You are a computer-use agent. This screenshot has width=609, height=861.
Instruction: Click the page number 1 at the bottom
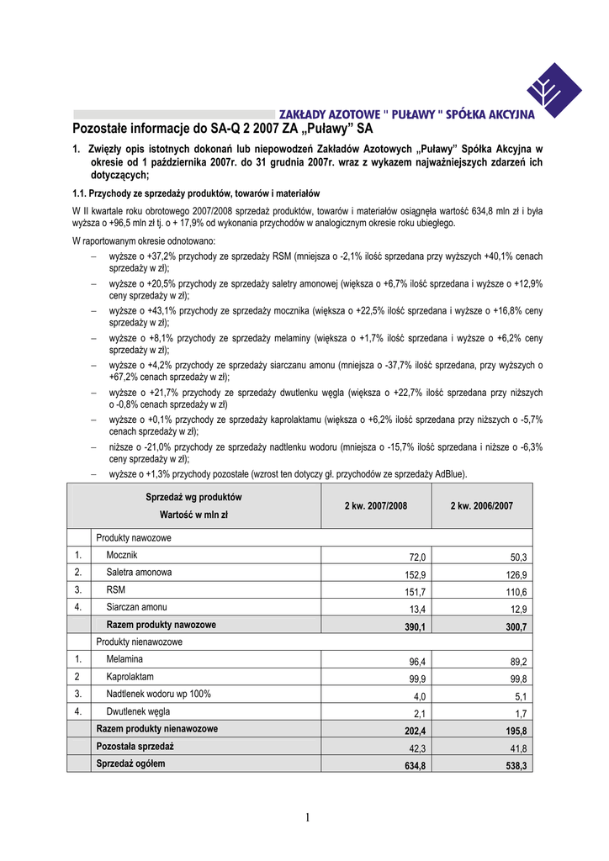click(308, 818)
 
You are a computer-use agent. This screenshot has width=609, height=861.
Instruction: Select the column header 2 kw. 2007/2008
click(376, 505)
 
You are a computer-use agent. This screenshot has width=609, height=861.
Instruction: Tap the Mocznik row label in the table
click(122, 556)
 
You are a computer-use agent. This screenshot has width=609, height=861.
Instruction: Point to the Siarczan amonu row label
click(136, 606)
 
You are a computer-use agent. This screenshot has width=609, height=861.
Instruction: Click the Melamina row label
click(124, 659)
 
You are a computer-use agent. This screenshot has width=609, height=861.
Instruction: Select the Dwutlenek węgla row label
click(138, 711)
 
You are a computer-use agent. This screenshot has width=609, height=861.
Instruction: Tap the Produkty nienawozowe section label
click(140, 642)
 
